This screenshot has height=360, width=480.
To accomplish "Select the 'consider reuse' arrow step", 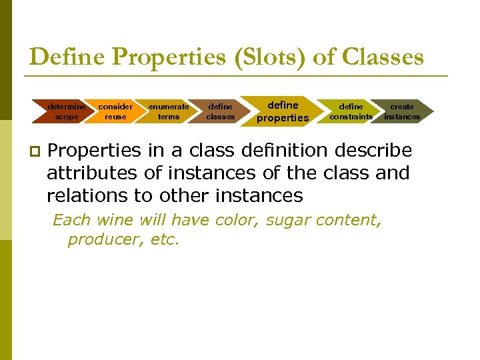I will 115,111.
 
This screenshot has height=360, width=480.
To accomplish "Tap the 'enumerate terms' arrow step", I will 169,111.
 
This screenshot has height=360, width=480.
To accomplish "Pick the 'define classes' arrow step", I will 220,111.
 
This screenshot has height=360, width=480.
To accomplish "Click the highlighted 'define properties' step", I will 283,111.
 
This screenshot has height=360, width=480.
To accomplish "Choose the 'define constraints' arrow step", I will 351,111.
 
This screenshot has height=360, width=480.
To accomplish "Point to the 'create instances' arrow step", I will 402,111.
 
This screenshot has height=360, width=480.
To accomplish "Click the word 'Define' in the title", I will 67,57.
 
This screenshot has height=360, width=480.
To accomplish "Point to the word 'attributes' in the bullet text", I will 93,173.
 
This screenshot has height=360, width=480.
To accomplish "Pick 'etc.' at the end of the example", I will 165,240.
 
